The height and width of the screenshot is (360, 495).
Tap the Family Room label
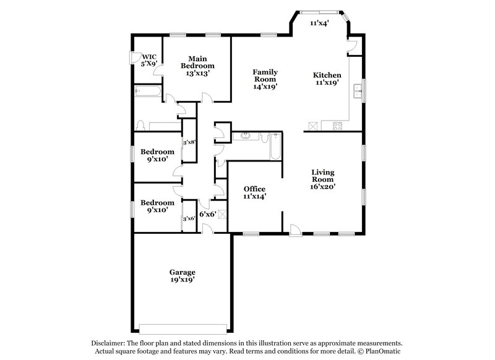(x=265, y=75)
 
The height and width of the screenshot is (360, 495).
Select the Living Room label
(x=323, y=176)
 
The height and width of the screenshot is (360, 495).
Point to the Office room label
(x=254, y=189)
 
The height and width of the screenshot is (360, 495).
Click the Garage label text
(x=183, y=272)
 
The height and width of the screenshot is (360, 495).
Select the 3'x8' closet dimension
(x=189, y=142)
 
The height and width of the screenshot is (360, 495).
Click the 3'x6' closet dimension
(x=189, y=218)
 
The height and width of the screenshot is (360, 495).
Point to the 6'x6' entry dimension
(x=207, y=214)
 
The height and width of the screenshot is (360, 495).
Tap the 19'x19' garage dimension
(x=183, y=280)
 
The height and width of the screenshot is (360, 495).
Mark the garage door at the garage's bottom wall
(x=183, y=328)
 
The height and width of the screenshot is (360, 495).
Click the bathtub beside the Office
(x=275, y=148)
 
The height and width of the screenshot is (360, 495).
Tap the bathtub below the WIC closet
(x=147, y=93)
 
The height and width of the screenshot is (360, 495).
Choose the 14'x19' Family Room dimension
(x=265, y=87)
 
